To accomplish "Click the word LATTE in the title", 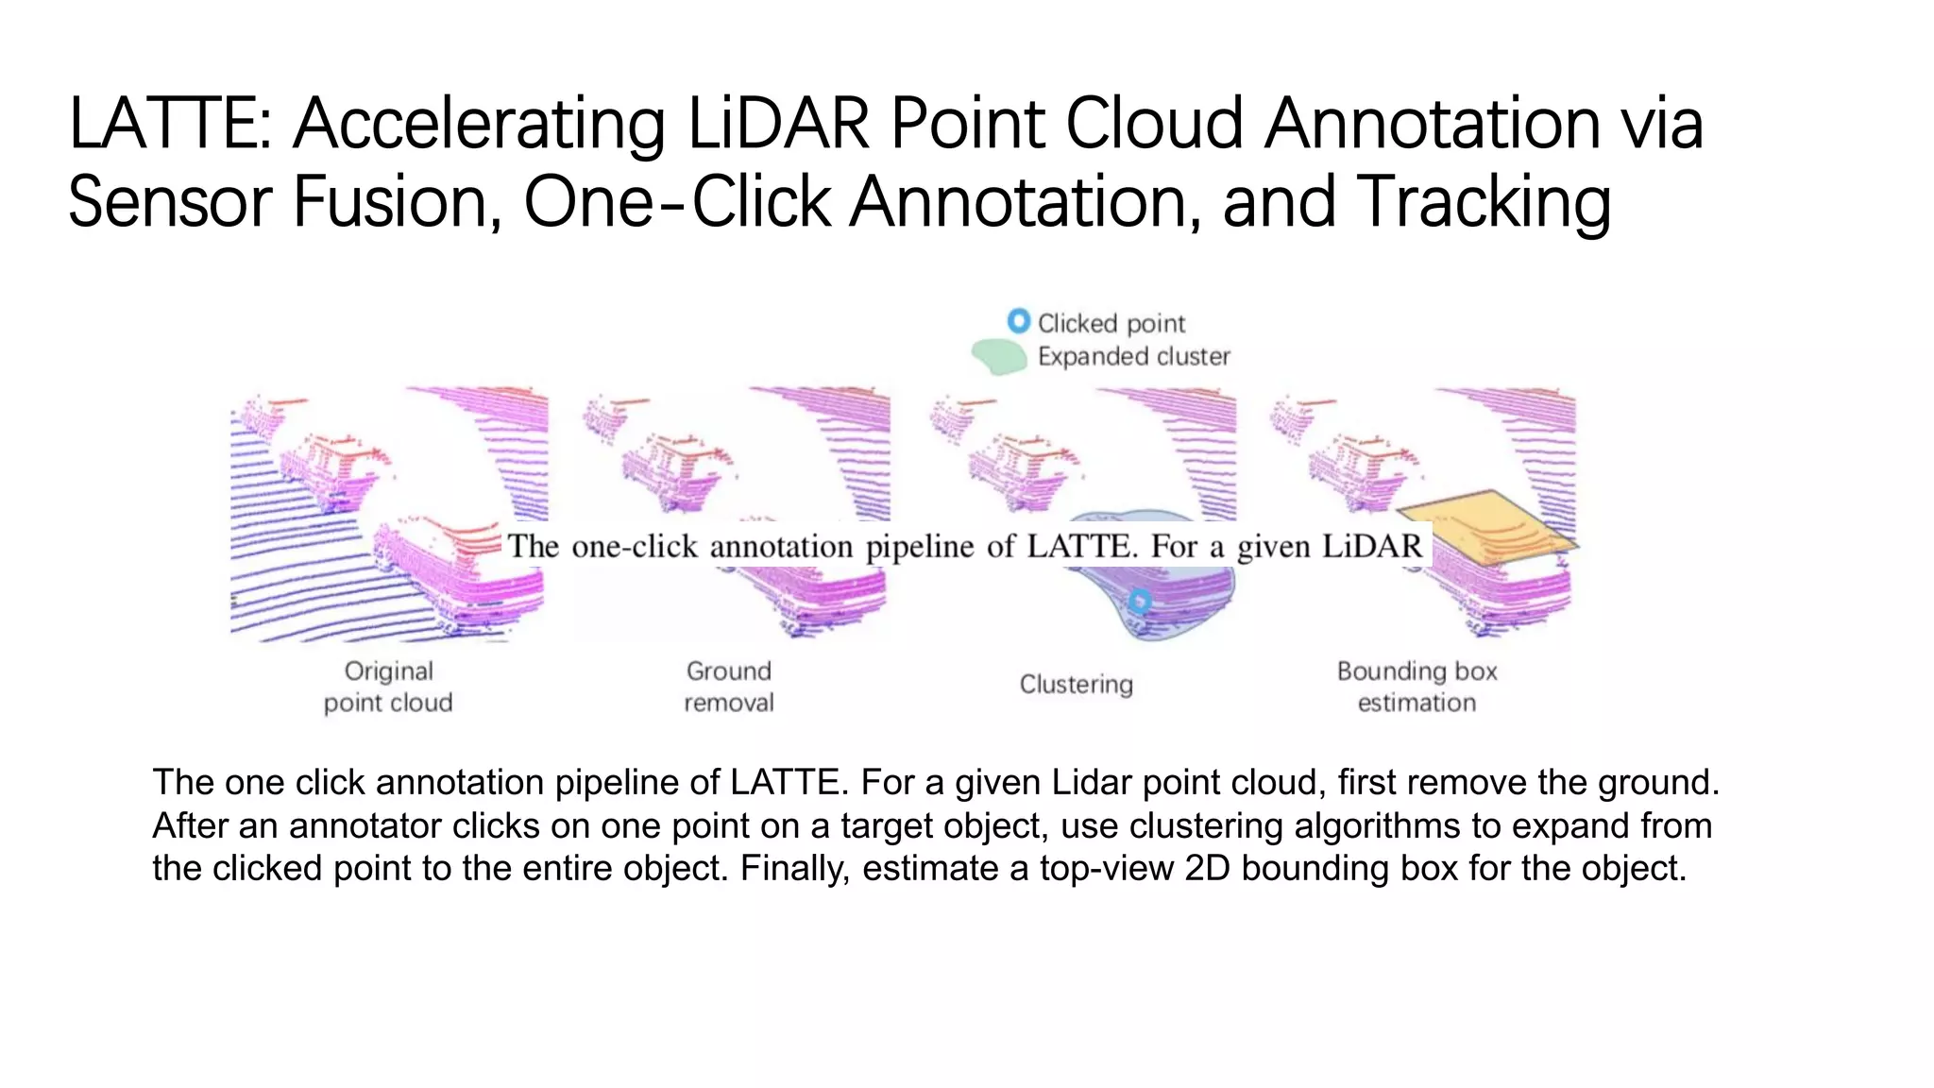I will (166, 125).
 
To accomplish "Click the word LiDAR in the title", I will (777, 125).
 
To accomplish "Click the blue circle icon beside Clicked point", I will (1018, 321).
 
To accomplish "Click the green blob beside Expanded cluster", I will (999, 357).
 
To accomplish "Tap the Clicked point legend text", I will (1111, 323).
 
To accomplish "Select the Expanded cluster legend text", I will (1133, 356).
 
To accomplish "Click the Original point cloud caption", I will (388, 687).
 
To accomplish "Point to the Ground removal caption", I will (728, 687).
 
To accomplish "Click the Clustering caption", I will (1076, 684).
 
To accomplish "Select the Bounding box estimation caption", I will (1417, 687).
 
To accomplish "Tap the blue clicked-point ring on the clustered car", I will (1140, 601).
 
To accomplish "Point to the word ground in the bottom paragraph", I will (1656, 782).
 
